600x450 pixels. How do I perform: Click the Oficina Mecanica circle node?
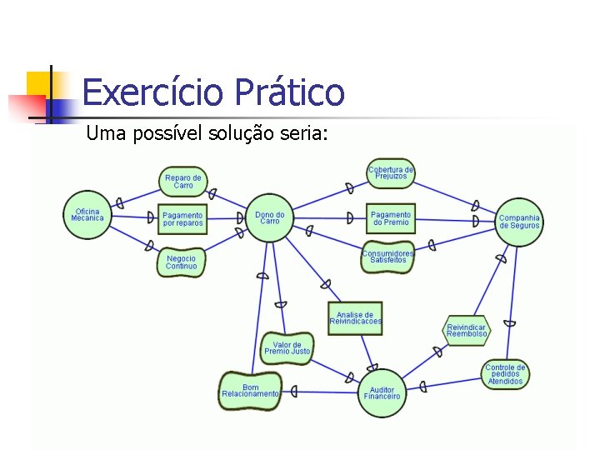87,214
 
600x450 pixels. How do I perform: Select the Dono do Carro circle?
269,217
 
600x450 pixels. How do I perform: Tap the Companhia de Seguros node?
519,222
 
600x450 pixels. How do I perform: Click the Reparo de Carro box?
183,182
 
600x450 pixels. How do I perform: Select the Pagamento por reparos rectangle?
182,219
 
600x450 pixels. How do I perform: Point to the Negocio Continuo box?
181,262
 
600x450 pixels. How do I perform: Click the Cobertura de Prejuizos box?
391,172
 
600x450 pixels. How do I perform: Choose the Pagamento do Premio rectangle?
391,218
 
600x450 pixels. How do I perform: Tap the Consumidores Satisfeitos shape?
388,257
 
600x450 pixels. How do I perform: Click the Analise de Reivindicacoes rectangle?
356,318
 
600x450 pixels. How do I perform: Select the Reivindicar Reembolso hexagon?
466,331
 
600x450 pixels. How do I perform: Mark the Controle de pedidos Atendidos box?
505,374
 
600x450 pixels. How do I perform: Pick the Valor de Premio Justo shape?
287,348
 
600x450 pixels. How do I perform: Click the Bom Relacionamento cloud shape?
251,391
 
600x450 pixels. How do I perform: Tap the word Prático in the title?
289,92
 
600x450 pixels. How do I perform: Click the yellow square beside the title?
38,84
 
